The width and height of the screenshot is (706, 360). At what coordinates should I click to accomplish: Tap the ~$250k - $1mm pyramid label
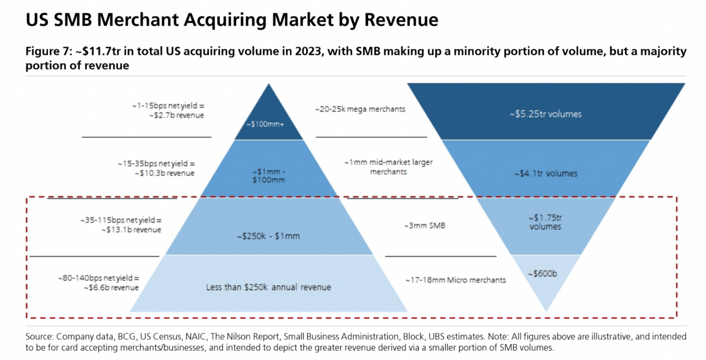click(268, 237)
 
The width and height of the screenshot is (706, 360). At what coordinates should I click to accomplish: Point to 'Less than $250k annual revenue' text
click(268, 287)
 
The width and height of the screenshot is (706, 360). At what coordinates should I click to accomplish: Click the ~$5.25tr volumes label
click(545, 114)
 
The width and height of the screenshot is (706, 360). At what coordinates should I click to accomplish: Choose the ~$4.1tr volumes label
click(545, 174)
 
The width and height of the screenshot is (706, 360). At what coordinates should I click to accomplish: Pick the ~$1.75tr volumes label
click(545, 222)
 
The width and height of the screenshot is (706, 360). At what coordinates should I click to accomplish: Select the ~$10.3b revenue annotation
click(164, 173)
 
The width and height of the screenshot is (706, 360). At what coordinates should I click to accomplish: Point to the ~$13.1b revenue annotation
click(131, 230)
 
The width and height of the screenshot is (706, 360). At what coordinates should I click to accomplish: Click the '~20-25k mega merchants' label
click(360, 109)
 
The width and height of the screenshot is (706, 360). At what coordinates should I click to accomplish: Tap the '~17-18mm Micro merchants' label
click(455, 280)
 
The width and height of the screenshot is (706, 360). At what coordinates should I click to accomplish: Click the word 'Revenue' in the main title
click(401, 20)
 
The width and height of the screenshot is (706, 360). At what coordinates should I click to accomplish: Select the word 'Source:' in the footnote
click(39, 337)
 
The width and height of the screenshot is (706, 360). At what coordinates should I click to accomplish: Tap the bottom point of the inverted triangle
click(546, 311)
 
